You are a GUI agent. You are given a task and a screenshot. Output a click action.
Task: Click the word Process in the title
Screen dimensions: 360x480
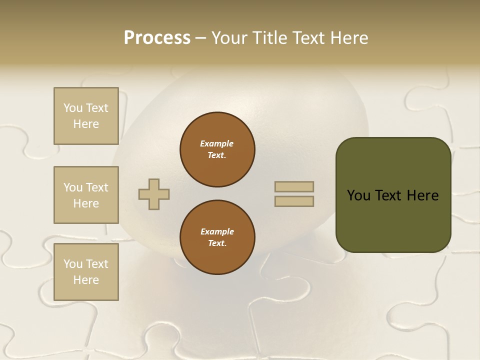click(x=157, y=38)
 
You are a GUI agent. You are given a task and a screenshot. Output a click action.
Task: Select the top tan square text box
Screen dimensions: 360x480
click(x=86, y=116)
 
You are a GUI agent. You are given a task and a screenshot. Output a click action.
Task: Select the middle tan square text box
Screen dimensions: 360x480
click(x=86, y=195)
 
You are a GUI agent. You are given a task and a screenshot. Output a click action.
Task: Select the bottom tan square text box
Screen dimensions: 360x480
click(x=86, y=272)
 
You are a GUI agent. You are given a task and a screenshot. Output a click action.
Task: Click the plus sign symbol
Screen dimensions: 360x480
click(x=154, y=194)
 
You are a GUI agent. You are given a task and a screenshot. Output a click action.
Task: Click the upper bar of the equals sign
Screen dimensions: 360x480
click(x=294, y=187)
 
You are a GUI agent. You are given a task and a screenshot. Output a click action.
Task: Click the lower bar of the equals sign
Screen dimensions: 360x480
click(x=294, y=201)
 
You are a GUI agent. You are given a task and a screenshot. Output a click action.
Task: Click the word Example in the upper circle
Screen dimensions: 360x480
click(x=217, y=143)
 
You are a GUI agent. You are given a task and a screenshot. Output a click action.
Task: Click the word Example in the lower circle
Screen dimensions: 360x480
click(x=217, y=231)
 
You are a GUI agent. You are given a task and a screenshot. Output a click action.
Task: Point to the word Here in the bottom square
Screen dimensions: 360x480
click(x=86, y=280)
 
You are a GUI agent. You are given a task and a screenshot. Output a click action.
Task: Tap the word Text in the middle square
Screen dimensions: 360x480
click(x=97, y=187)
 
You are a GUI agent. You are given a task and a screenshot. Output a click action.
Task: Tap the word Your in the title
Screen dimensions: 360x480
click(x=229, y=38)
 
